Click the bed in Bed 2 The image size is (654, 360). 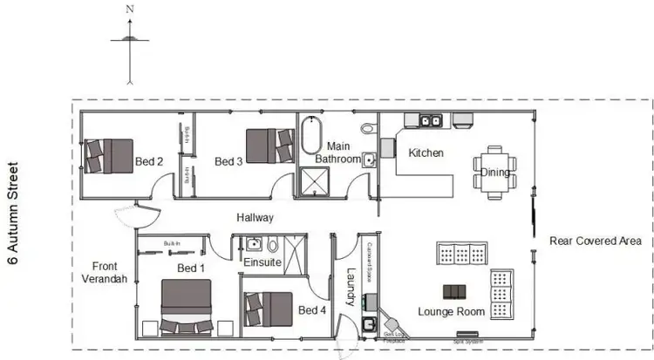tap(109, 155)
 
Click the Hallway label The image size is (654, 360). tap(255, 218)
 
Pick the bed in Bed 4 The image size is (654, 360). tap(269, 308)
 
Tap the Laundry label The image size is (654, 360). tap(351, 287)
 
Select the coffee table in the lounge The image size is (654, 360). tap(453, 291)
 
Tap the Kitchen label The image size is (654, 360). tap(426, 153)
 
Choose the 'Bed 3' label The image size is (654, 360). tap(228, 161)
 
